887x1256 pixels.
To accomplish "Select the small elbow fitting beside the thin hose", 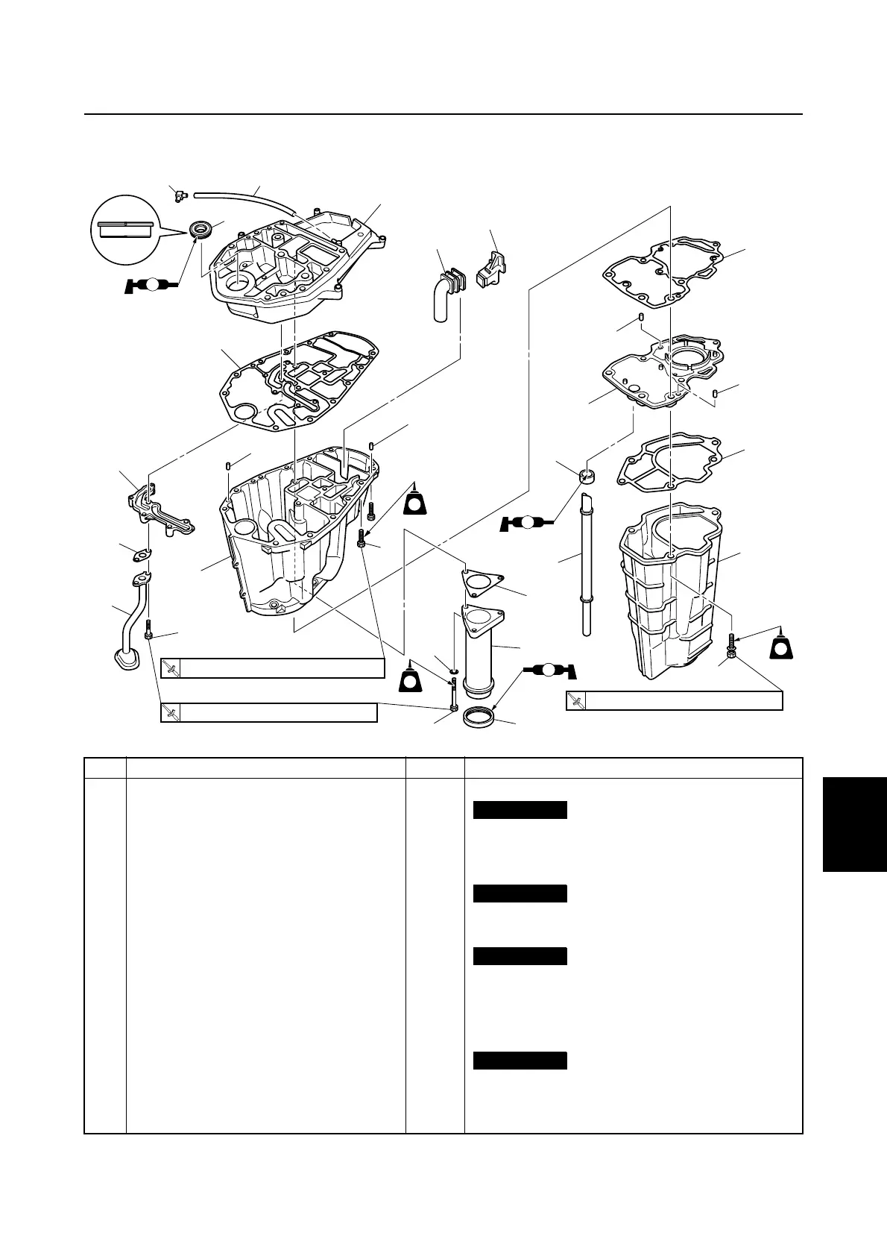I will (177, 196).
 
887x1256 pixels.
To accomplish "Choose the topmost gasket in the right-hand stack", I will (662, 272).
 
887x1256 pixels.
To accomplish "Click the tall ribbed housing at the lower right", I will (667, 589).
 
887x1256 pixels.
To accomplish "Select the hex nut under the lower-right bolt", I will (733, 653).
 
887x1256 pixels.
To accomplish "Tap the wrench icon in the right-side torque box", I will (575, 701).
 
